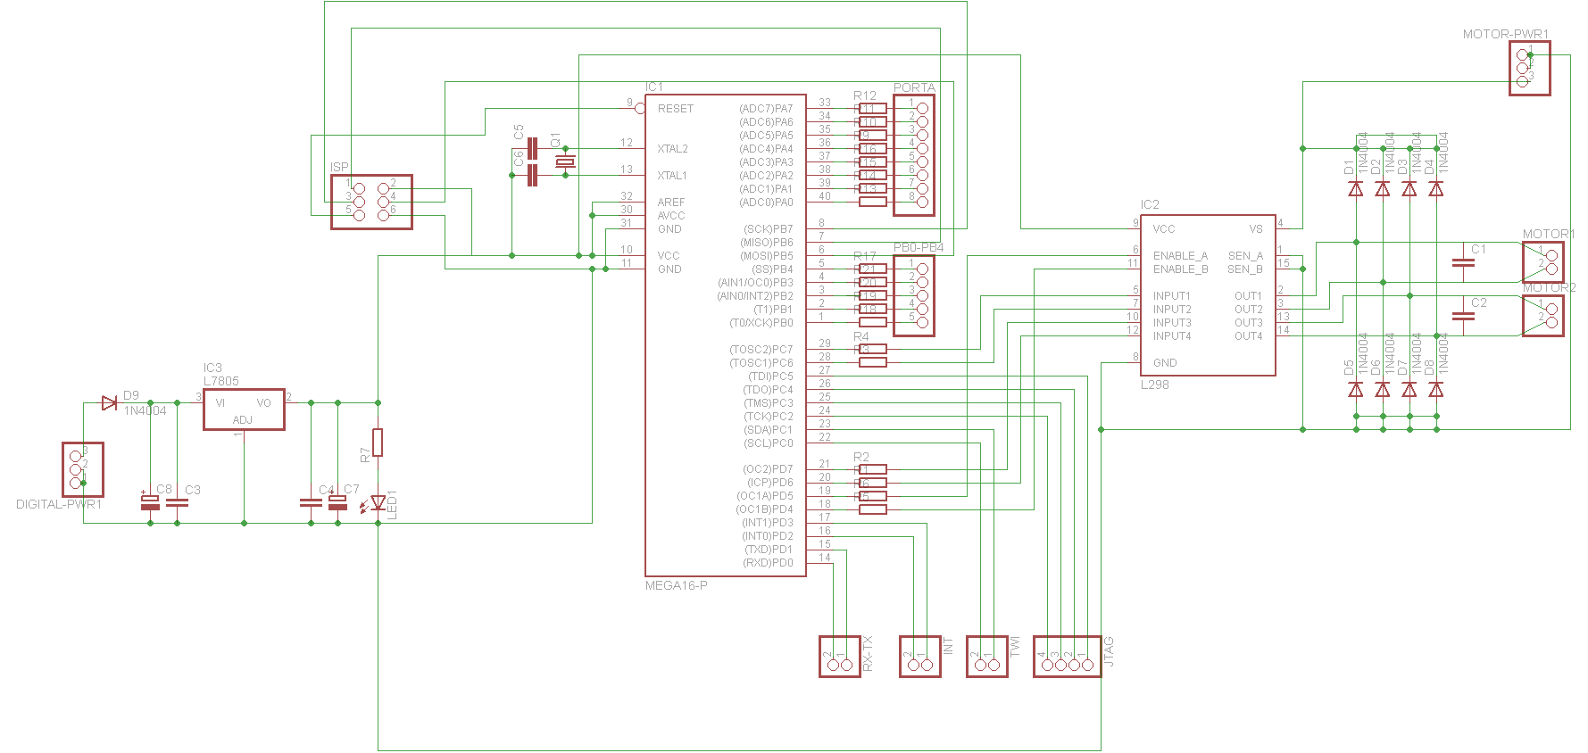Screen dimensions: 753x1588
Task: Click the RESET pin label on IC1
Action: click(675, 109)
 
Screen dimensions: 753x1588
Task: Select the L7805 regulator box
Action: click(244, 410)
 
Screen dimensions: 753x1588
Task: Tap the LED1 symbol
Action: click(378, 503)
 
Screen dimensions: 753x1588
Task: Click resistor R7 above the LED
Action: click(378, 443)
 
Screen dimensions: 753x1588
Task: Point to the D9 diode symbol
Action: click(110, 403)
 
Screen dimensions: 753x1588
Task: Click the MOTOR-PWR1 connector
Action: click(1529, 68)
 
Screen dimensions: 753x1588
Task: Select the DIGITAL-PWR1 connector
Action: click(82, 469)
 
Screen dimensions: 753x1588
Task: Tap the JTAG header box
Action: click(1067, 657)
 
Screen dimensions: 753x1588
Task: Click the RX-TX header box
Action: click(839, 657)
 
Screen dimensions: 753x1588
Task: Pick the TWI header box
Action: click(986, 657)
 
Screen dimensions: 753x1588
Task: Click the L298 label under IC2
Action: click(1154, 385)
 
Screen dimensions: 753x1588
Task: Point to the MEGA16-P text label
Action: click(676, 585)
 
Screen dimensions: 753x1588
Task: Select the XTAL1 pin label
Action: click(672, 176)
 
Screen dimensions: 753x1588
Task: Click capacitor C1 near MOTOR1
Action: click(1463, 262)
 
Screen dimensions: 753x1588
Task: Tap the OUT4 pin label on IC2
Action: click(1248, 336)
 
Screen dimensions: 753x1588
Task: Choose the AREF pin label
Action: click(670, 203)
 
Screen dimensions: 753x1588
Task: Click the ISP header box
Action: click(371, 202)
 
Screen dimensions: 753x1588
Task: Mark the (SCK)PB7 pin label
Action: click(768, 229)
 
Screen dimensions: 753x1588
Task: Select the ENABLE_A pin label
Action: click(1179, 256)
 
